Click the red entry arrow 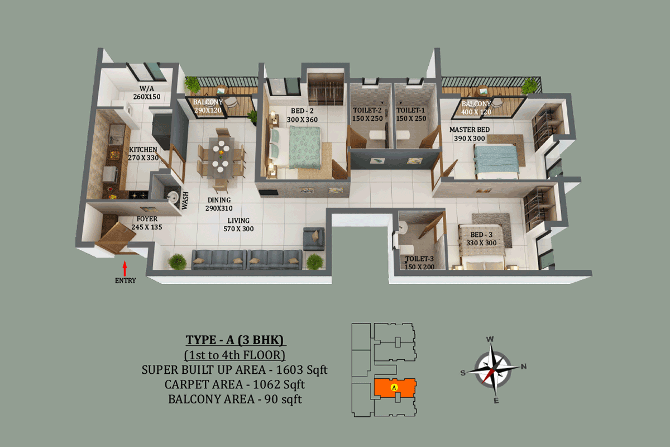coord(125,269)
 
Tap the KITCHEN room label coord(143,149)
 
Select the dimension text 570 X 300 coord(238,229)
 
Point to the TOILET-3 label coord(419,259)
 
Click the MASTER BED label coord(470,130)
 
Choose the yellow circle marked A coord(394,387)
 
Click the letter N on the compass coord(524,367)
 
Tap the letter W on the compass coord(490,339)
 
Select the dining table coord(221,158)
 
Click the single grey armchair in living coord(313,239)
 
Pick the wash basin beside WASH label coord(173,196)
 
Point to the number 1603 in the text coord(289,370)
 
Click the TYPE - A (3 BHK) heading coord(235,340)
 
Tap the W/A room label coord(146,89)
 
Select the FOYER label coord(147,219)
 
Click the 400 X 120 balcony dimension coord(476,112)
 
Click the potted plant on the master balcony coord(529,86)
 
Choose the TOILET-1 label coord(411,110)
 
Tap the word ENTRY coord(126,280)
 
